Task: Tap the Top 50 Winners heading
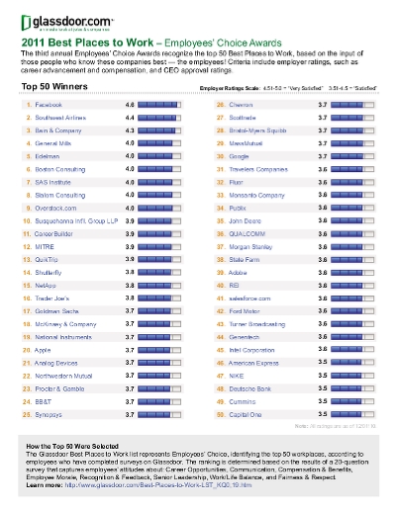[51, 115]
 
